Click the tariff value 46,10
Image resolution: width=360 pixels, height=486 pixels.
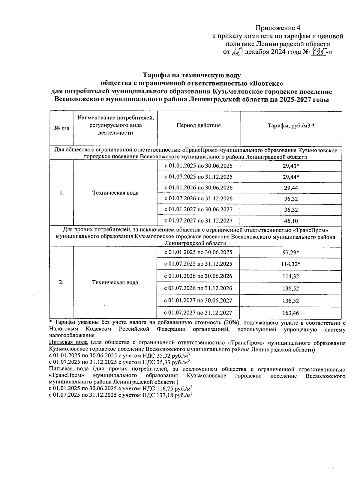click(291, 221)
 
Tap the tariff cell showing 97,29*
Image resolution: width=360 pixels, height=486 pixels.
click(291, 252)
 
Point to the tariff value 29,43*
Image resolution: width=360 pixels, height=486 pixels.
click(291, 166)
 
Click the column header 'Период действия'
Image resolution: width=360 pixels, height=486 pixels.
click(198, 126)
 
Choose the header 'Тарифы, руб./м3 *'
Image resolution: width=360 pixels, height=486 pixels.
click(291, 126)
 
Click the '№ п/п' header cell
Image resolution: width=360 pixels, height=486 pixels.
click(61, 128)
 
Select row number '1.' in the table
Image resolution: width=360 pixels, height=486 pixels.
click(61, 193)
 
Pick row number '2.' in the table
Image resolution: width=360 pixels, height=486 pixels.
click(61, 282)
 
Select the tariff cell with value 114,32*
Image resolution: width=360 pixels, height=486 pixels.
click(291, 264)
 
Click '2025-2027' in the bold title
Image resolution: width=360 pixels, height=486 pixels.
click(293, 100)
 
